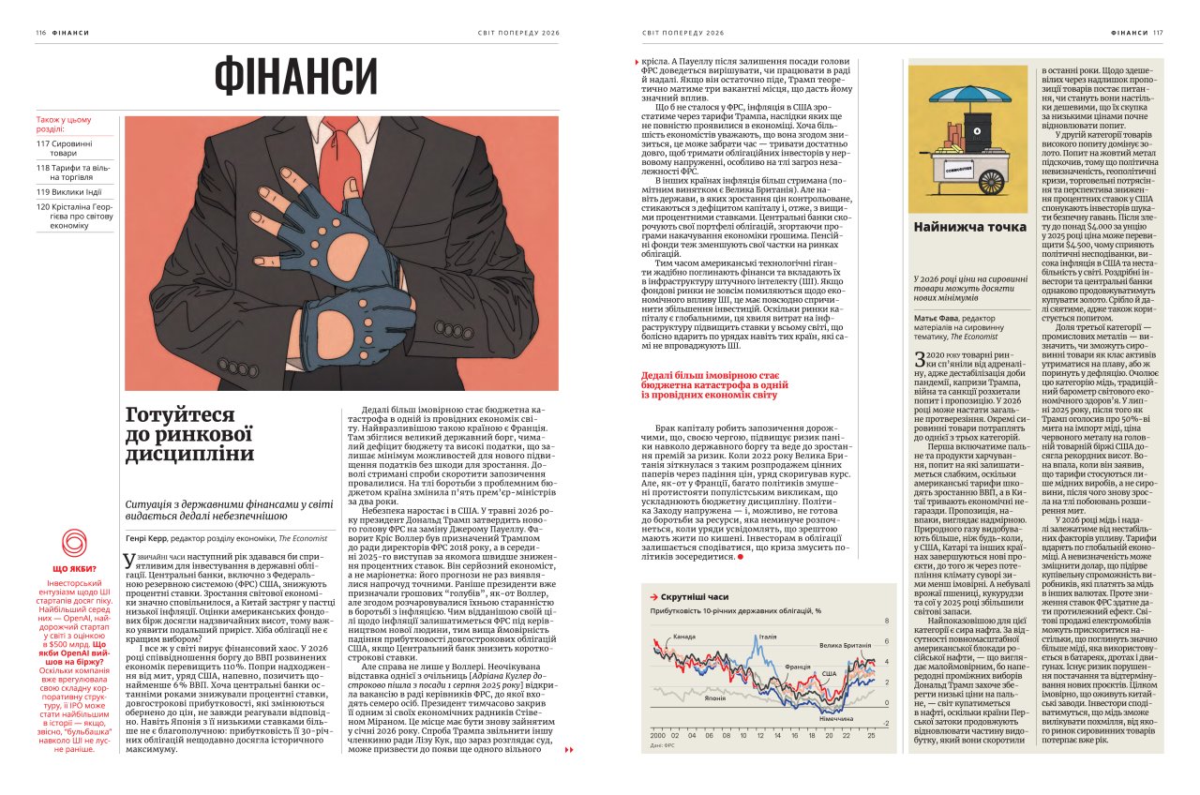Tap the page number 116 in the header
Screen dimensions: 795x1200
click(40, 32)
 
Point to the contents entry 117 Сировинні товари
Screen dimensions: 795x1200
click(71, 147)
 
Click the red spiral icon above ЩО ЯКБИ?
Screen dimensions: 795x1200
click(73, 543)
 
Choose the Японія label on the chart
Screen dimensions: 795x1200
click(688, 697)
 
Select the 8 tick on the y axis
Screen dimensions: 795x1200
click(887, 622)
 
